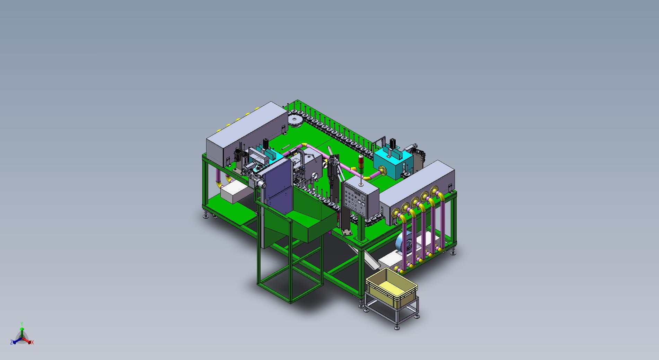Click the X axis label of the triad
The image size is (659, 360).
coord(32,342)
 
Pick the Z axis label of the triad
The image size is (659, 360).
coord(11,342)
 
